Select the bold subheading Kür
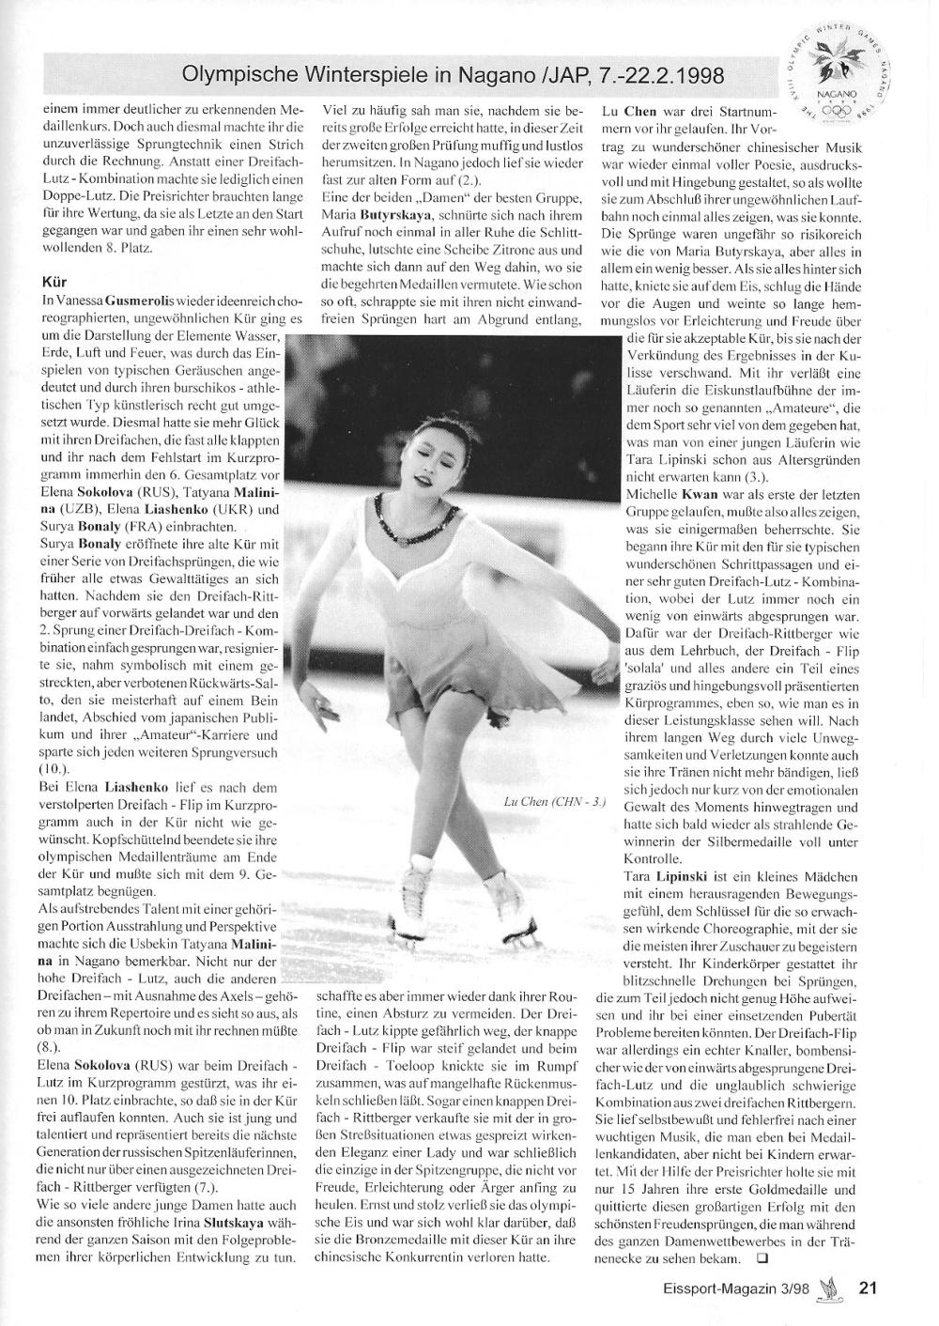coord(54,280)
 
